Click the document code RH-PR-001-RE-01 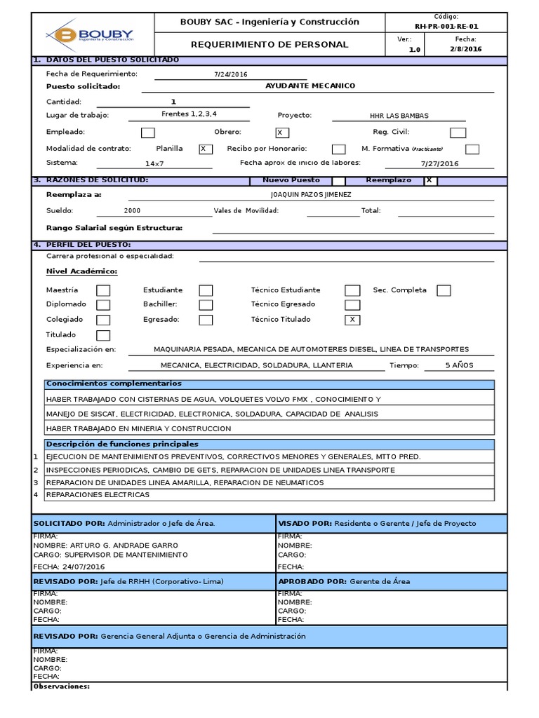click(x=446, y=26)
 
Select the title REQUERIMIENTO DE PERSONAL click(x=270, y=44)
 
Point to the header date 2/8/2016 click(x=465, y=49)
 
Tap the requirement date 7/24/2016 click(x=231, y=74)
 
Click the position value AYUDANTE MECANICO click(x=310, y=86)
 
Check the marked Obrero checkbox click(x=282, y=133)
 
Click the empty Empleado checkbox click(x=148, y=133)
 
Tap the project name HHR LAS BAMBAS click(x=399, y=116)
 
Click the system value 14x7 click(x=154, y=163)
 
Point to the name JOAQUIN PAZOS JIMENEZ click(x=311, y=195)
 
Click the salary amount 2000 click(x=132, y=210)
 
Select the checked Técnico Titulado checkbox click(x=352, y=320)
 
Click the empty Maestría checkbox click(x=103, y=290)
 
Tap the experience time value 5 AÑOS click(x=460, y=365)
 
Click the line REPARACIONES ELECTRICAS click(x=98, y=495)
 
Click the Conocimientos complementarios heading click(x=114, y=384)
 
